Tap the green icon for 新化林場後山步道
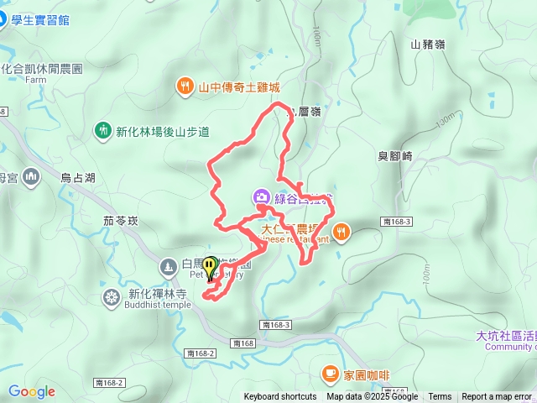point(102,131)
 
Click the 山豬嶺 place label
point(428,44)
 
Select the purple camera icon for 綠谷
point(262,197)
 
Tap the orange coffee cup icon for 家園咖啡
point(331,373)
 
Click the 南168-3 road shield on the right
point(395,221)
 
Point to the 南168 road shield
point(243,343)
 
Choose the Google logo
point(32,391)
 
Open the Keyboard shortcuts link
point(280,397)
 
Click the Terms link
point(440,397)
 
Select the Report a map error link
point(498,397)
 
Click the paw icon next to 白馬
point(167,265)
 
